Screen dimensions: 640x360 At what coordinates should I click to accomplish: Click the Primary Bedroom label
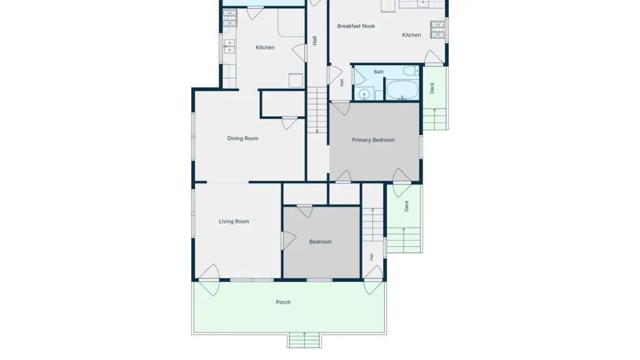point(373,140)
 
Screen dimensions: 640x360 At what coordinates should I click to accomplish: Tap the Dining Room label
point(242,138)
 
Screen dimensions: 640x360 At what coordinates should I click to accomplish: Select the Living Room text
point(234,222)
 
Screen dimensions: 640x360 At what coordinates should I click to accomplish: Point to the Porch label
point(283,302)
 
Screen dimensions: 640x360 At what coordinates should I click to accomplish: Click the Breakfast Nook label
point(356,26)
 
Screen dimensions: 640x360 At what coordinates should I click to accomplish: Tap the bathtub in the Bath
point(402,90)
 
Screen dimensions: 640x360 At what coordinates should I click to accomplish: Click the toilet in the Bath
point(411,71)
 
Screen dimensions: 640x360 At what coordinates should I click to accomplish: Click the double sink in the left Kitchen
point(229,46)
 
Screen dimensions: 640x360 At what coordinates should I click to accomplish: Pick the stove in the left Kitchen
point(229,18)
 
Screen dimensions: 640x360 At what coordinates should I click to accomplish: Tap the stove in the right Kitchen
point(437,29)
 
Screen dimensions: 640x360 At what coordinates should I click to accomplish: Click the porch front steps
point(304,340)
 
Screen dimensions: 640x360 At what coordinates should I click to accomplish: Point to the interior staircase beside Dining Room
point(317,110)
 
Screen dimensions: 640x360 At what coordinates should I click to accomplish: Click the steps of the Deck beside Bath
point(435,119)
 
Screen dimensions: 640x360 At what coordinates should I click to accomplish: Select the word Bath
point(379,72)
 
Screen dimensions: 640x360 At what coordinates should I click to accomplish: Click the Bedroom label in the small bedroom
point(321,242)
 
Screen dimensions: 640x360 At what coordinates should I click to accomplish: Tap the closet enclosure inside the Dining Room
point(282,104)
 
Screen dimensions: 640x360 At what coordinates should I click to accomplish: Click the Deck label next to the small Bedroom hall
point(406,206)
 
